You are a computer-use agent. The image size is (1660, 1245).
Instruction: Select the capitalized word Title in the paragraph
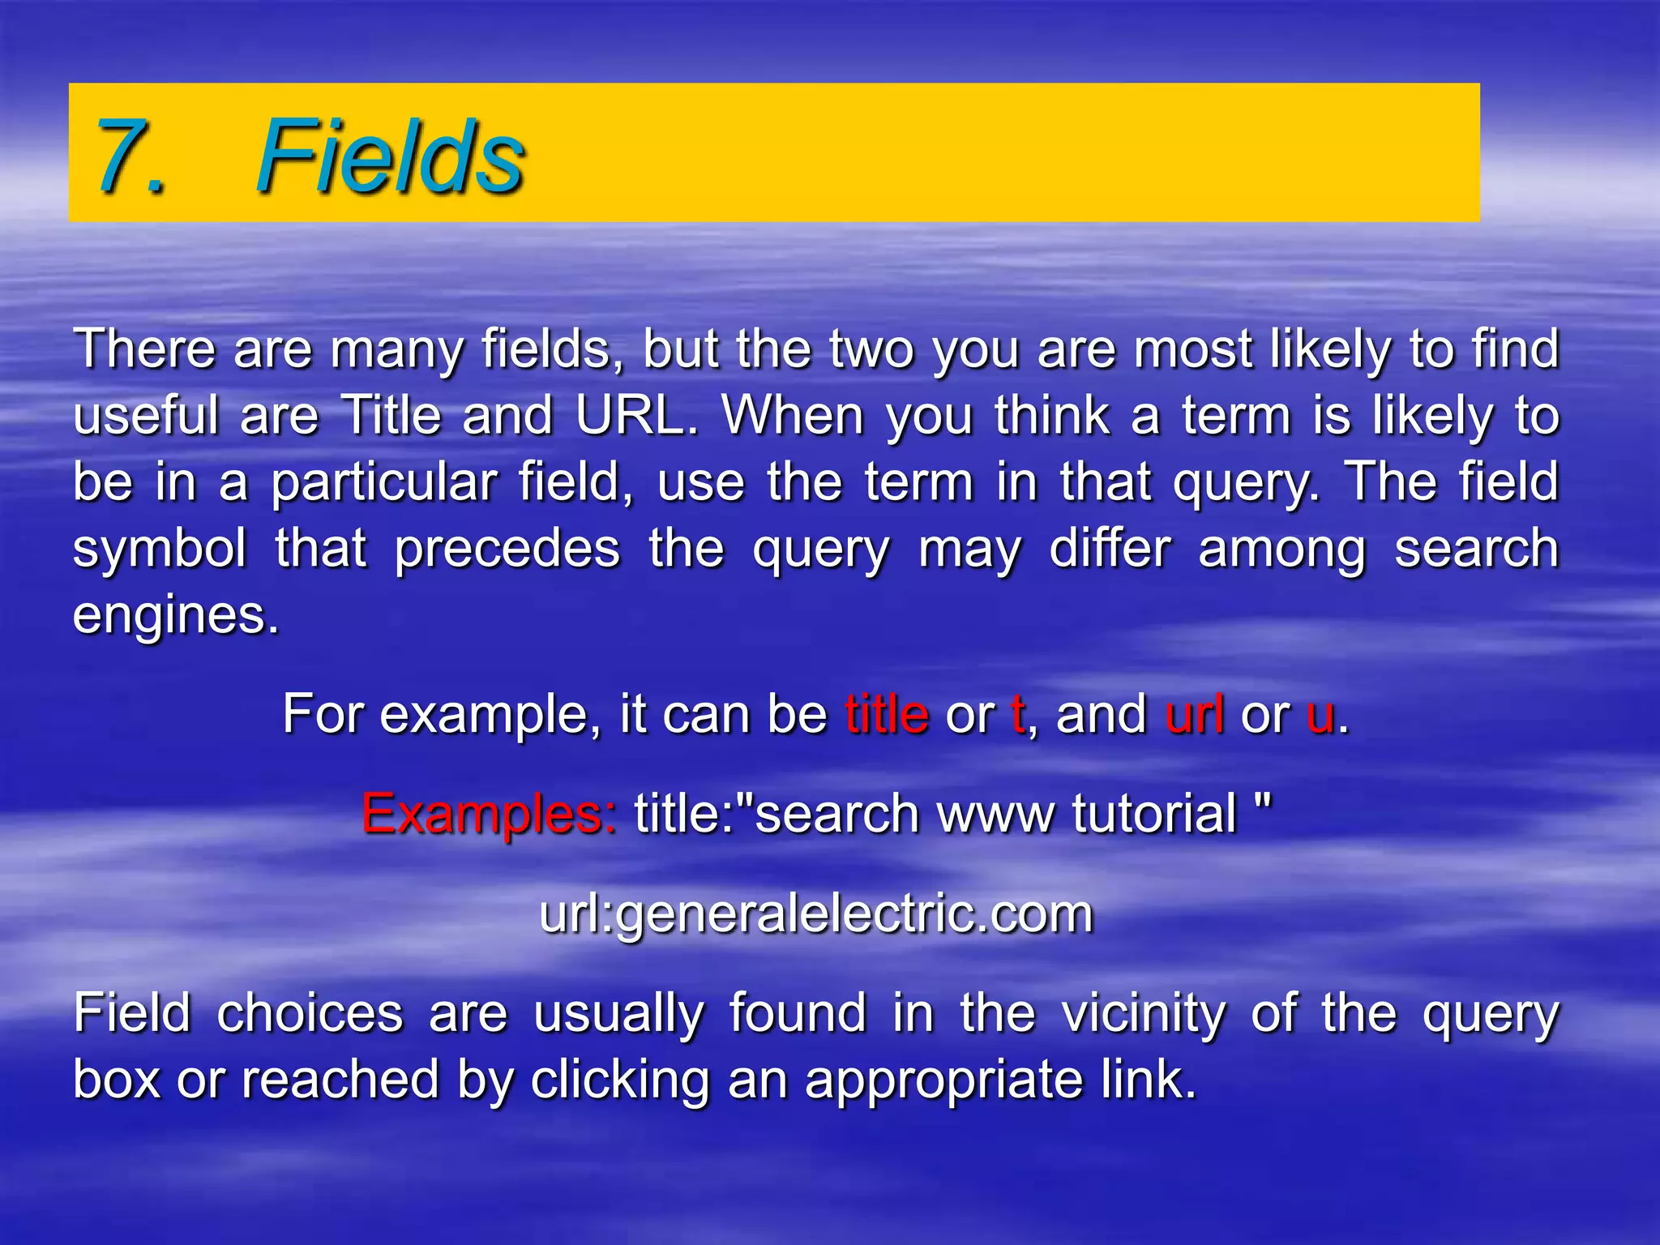tap(391, 415)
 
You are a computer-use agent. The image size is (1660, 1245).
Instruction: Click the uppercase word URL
tap(635, 415)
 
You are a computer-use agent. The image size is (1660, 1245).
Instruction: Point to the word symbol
tap(160, 550)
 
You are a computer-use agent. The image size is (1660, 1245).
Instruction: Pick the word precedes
tap(507, 550)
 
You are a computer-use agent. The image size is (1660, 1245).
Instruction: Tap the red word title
tap(887, 715)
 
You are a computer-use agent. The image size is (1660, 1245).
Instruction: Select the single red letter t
tap(1018, 715)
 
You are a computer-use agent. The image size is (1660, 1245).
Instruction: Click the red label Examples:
tap(489, 814)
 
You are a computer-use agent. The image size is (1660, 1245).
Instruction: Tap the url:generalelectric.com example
tap(816, 914)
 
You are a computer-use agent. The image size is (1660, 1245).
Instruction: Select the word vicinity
tap(1144, 1014)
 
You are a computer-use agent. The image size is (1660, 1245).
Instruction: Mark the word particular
tap(383, 483)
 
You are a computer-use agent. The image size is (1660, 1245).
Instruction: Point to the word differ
tap(1110, 548)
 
